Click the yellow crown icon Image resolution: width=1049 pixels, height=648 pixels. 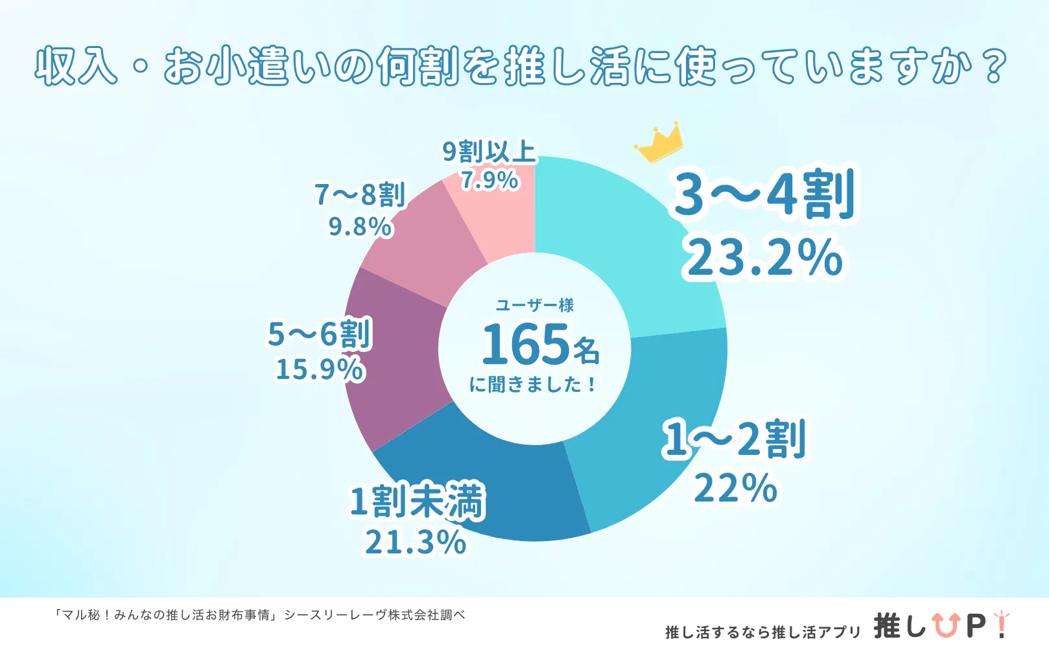tap(659, 143)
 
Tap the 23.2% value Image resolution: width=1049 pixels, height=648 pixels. tap(765, 257)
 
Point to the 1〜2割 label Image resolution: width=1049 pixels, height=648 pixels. tap(734, 439)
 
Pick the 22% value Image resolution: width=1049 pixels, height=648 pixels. tap(735, 488)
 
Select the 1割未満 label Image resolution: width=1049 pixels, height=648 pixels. tap(417, 501)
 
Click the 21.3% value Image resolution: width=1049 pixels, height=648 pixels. tap(416, 542)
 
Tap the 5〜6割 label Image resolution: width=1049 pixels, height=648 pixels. tap(319, 334)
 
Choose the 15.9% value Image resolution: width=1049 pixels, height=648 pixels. tap(320, 369)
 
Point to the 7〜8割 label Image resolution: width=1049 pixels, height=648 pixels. tap(360, 194)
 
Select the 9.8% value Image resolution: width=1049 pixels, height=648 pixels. tap(360, 226)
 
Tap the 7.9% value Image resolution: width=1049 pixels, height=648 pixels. tap(489, 179)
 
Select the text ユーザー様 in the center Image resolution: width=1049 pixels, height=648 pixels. tap(535, 305)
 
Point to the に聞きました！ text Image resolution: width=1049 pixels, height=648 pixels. tap(533, 385)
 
